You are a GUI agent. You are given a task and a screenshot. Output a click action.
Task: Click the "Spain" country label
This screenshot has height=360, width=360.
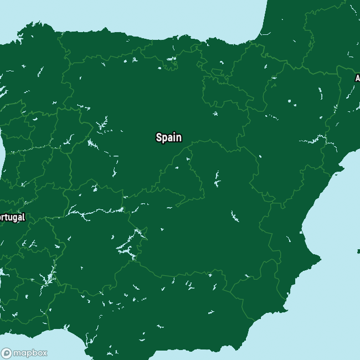point(168,137)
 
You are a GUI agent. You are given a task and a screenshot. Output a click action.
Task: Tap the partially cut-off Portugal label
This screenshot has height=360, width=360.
point(12,218)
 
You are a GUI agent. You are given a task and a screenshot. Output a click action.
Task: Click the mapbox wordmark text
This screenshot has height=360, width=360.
point(30,353)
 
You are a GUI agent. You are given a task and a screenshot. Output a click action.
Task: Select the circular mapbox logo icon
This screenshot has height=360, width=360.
point(7,353)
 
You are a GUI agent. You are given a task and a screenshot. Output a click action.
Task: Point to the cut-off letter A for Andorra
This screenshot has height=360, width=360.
point(357,78)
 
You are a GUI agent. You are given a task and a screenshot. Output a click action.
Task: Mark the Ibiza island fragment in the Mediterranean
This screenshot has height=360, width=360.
point(358,251)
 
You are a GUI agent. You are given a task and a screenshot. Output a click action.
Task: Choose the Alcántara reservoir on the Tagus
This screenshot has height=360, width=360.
point(78,211)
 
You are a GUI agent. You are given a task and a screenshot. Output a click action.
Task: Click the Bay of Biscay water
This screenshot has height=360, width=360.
point(166,17)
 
